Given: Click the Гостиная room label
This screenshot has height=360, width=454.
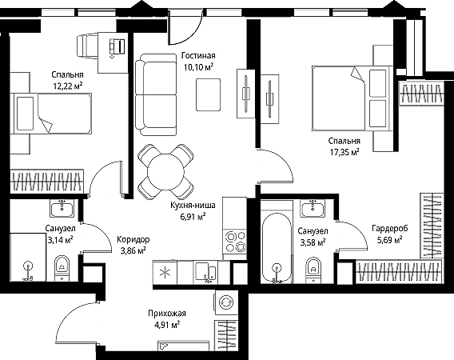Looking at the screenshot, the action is [198, 55].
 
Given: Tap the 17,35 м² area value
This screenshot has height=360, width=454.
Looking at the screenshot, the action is [344, 152].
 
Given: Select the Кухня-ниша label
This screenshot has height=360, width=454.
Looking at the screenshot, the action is [193, 206].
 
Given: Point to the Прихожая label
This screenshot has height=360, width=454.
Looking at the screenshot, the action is [167, 314].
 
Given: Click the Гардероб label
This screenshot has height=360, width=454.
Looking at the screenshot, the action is [390, 229].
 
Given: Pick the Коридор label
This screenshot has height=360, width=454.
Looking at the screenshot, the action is [133, 240].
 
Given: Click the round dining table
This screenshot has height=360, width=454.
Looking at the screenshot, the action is [165, 172].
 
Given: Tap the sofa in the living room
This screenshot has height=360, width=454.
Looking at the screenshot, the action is [156, 94].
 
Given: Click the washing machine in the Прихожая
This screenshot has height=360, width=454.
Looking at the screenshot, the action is [226, 302].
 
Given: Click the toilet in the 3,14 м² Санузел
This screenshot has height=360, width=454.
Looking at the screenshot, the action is [62, 267].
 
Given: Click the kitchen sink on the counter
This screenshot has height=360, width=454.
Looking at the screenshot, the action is [205, 271].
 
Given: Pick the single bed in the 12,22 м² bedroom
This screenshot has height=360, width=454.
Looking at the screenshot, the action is [51, 114].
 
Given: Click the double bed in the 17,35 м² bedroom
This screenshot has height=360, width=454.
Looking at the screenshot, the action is [352, 98].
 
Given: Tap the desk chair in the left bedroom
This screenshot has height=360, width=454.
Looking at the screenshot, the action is [88, 46].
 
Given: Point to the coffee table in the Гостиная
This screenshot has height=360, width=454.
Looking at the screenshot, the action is [208, 94].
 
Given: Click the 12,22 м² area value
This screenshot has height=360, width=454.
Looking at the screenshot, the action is [68, 86].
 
